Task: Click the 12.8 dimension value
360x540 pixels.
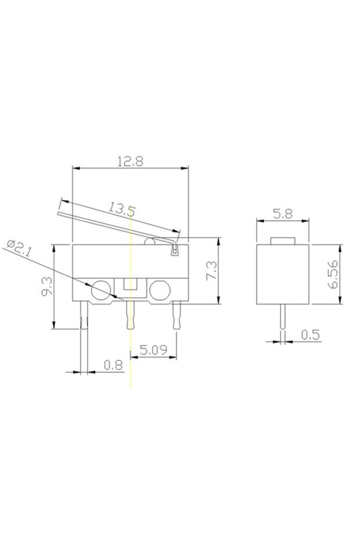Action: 130,161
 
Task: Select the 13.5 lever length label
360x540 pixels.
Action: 121,209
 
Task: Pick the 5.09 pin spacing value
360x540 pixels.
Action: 154,350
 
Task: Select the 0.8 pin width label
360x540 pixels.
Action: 113,365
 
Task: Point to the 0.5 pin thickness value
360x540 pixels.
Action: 311,334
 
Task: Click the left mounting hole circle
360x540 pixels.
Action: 100,289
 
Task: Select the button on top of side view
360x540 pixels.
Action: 283,240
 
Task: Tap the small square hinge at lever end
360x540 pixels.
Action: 174,251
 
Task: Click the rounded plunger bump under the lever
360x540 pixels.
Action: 150,241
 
